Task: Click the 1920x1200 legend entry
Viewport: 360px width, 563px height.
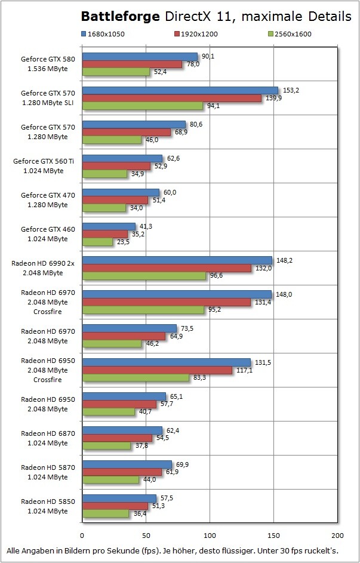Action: coord(196,34)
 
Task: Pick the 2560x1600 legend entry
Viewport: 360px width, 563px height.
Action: coord(290,34)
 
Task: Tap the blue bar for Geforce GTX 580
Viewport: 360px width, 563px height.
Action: coord(140,56)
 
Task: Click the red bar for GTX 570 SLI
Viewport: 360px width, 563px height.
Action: coord(172,98)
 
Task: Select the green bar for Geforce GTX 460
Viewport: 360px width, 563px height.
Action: coord(97,242)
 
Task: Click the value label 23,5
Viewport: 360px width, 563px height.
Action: coord(123,243)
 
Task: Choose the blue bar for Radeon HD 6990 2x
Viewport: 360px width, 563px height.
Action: coord(177,260)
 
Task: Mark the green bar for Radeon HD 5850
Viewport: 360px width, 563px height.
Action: coord(106,513)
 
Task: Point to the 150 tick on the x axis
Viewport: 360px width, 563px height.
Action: coord(273,535)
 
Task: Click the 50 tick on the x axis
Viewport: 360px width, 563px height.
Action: coord(146,535)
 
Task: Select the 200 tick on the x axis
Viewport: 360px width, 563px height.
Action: coord(337,535)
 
